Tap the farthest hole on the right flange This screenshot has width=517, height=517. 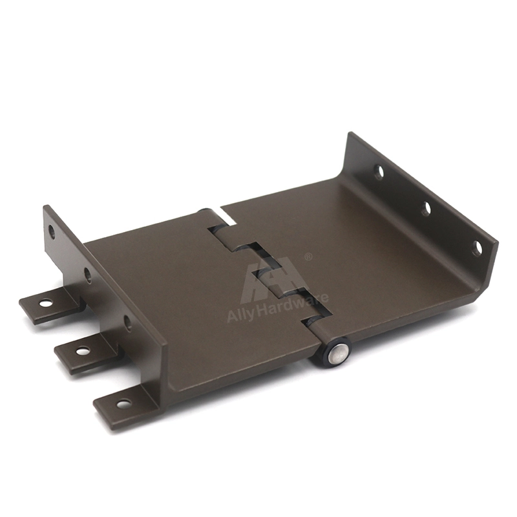(380, 171)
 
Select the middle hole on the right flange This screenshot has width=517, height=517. (427, 209)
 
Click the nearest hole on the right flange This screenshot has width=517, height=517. (477, 249)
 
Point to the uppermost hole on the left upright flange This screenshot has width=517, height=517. (52, 231)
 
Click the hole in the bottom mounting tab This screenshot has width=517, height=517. (124, 403)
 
